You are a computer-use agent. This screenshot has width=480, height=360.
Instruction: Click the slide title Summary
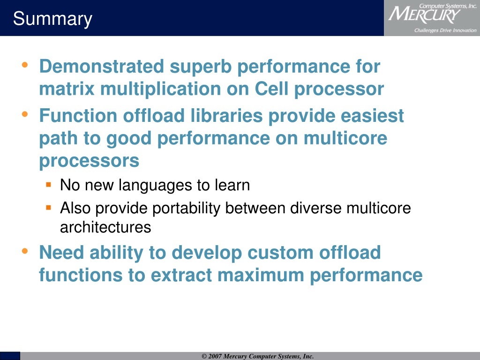click(x=52, y=19)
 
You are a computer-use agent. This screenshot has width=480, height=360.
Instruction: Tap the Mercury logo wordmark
click(x=424, y=15)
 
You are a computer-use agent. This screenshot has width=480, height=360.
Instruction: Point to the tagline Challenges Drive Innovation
click(x=445, y=30)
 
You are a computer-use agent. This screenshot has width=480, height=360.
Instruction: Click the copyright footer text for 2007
click(x=258, y=356)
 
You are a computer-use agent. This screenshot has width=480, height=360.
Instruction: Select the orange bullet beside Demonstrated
click(x=25, y=65)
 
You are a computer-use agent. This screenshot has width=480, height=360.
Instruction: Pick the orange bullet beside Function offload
click(x=25, y=114)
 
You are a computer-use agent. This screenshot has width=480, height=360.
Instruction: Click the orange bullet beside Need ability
click(x=25, y=251)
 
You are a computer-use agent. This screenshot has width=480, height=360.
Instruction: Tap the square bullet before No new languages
click(x=48, y=185)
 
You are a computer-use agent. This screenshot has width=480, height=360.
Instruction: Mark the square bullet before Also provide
click(x=48, y=208)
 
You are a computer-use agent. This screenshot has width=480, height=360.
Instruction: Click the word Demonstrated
click(x=102, y=66)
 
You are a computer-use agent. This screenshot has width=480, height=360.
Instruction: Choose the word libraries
click(x=226, y=116)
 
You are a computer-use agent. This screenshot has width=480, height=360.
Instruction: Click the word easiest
click(x=372, y=116)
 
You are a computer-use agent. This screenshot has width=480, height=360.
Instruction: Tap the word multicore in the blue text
click(x=345, y=138)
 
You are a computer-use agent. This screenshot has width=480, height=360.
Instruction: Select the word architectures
click(x=105, y=227)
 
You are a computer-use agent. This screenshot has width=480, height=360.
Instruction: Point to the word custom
click(x=280, y=253)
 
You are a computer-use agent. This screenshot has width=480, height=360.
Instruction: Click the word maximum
click(x=261, y=275)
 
